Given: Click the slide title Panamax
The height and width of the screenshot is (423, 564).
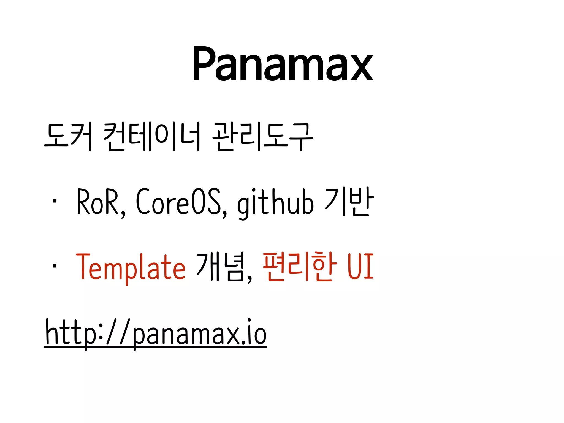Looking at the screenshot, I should (283, 64).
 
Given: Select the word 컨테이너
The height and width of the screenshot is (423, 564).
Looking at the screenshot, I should (151, 137).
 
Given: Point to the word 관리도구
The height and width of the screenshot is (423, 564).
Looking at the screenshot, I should (263, 137).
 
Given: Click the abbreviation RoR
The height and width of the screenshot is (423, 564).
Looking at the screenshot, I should (97, 202).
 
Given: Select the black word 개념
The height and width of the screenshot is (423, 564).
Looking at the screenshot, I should (220, 267).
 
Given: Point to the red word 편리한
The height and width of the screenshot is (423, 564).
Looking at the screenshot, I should (300, 267).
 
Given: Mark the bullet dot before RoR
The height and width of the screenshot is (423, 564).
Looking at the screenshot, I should (55, 201).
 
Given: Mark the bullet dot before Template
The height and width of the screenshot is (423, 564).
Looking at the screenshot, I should (55, 266).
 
